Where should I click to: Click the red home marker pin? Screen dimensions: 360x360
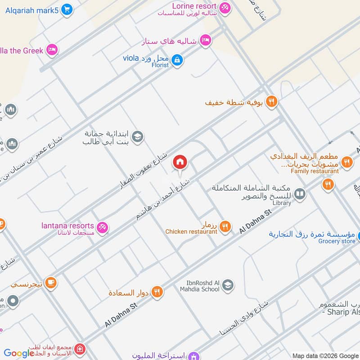180,162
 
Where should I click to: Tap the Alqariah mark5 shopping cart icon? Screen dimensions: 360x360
67,9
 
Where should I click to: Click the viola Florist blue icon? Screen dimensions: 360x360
177,59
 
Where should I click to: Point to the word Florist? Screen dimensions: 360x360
160,65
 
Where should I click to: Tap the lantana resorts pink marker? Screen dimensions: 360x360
103,228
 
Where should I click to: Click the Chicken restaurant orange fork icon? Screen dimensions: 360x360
225,227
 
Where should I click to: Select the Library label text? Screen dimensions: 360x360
282,203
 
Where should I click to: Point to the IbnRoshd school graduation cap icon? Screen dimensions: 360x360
228,285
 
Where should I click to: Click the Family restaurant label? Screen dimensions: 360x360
315,171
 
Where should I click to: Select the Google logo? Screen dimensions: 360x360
19,353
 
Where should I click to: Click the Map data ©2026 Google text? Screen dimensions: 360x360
325,355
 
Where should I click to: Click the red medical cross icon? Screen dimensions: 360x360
80,349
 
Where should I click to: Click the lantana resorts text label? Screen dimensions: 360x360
67,226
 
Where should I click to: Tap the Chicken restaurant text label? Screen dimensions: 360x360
191,232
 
